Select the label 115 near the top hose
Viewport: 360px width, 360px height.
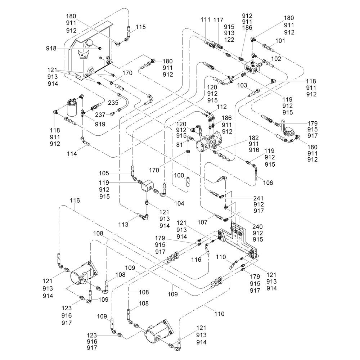140,27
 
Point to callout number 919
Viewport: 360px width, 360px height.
100,125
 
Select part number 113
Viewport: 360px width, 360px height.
123,225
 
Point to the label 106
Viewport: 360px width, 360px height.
267,183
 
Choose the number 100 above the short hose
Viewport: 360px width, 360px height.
179,175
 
